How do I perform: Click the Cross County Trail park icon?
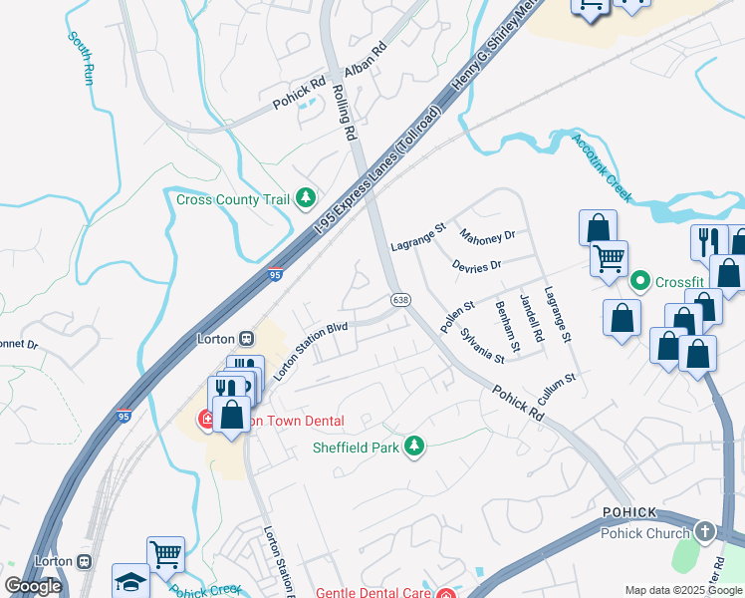(306, 198)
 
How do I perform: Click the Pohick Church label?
(644, 533)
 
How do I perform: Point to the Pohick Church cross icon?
(706, 531)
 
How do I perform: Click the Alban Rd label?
(365, 61)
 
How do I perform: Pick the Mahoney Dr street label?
(487, 237)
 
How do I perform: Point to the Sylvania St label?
(481, 329)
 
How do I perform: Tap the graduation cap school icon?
(130, 581)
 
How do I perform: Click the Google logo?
(33, 587)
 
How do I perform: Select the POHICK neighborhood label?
(628, 511)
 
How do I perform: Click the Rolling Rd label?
(344, 112)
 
